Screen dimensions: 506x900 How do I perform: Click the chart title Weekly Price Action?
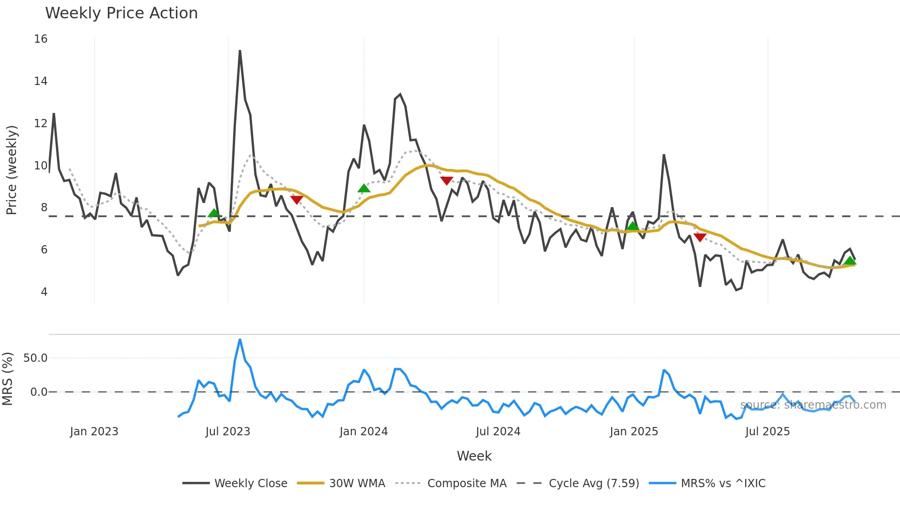coord(121,13)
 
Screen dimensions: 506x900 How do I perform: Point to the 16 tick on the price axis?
coord(40,39)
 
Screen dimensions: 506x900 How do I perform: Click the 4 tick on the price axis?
coord(44,292)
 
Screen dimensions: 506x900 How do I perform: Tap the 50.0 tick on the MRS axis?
coord(35,358)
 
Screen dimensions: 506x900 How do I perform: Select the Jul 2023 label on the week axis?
coord(228,432)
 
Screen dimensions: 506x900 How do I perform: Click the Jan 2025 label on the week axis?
coord(634,432)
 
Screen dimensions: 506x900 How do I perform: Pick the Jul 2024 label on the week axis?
coord(498,432)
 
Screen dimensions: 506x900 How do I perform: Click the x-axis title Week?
coord(474,456)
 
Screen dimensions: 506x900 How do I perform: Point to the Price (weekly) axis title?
coord(11,170)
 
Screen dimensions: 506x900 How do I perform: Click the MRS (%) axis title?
coord(8,379)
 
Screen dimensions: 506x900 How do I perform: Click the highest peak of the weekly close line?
coord(240,51)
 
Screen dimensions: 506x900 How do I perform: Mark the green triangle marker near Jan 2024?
coord(364,188)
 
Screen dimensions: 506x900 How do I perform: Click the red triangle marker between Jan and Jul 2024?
coord(447,180)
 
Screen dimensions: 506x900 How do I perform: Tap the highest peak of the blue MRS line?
coord(240,340)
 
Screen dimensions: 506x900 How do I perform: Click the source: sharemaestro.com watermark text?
coord(813,405)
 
